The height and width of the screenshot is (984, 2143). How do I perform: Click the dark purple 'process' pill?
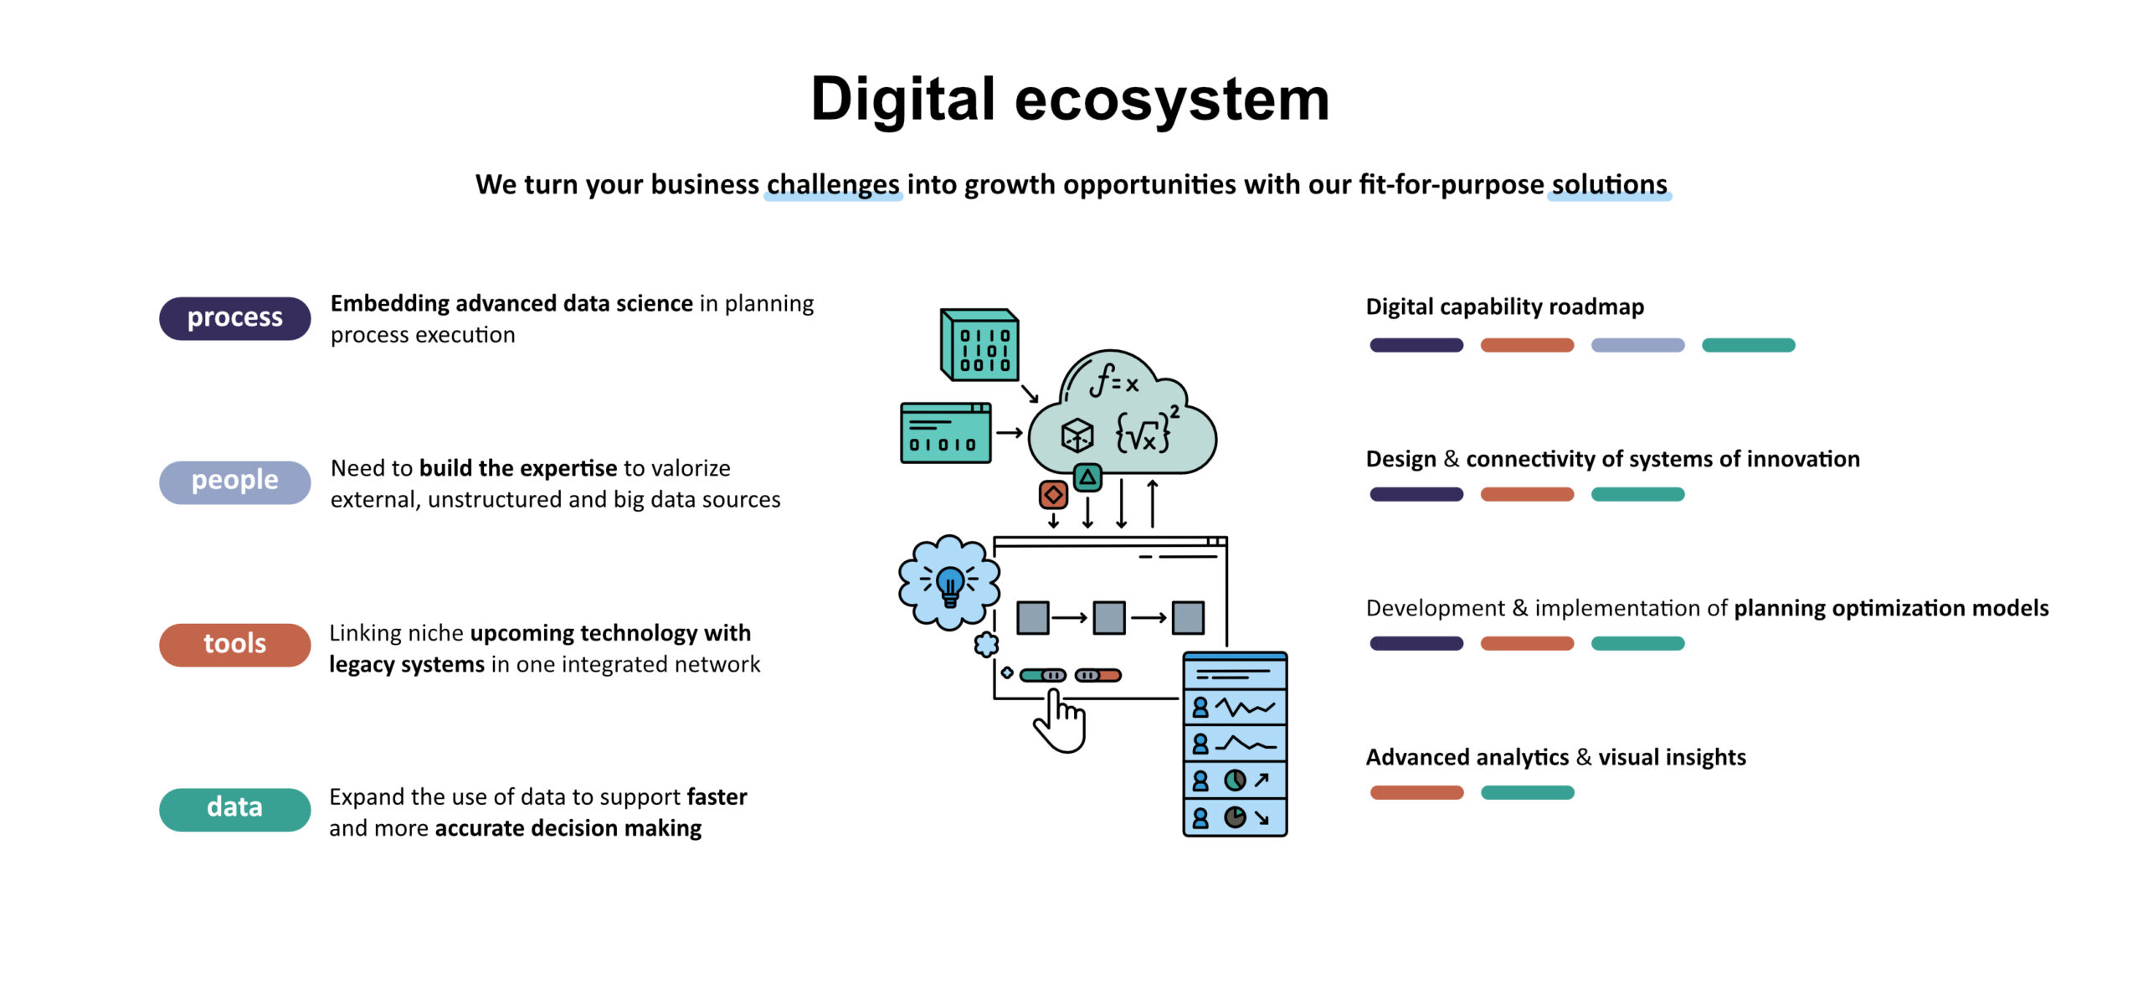234,318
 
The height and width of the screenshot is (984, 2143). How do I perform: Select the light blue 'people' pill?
234,482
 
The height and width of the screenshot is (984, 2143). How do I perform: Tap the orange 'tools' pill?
234,644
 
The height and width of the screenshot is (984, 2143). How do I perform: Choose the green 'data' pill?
234,808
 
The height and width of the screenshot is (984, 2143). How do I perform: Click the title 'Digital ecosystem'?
1070,99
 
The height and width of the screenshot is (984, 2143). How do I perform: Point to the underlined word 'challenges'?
833,184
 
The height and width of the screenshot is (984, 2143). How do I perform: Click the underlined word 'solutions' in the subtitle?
1609,184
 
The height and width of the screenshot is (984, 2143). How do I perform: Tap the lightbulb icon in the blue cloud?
949,584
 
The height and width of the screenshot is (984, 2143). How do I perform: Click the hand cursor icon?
1061,721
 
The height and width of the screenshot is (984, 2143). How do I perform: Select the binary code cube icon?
979,344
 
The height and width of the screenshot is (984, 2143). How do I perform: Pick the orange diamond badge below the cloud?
1053,495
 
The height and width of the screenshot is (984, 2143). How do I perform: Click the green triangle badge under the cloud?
1087,478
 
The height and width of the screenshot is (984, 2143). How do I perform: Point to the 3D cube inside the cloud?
1077,435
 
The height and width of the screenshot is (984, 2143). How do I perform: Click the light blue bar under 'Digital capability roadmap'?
1637,345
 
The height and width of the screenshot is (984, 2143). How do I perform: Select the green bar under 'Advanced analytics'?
1527,792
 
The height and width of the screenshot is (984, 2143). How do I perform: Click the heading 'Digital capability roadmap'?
1504,307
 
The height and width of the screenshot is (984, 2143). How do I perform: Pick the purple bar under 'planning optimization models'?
1416,643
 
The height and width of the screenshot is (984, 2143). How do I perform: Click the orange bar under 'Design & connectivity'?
1527,494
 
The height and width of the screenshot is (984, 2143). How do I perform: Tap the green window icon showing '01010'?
945,433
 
